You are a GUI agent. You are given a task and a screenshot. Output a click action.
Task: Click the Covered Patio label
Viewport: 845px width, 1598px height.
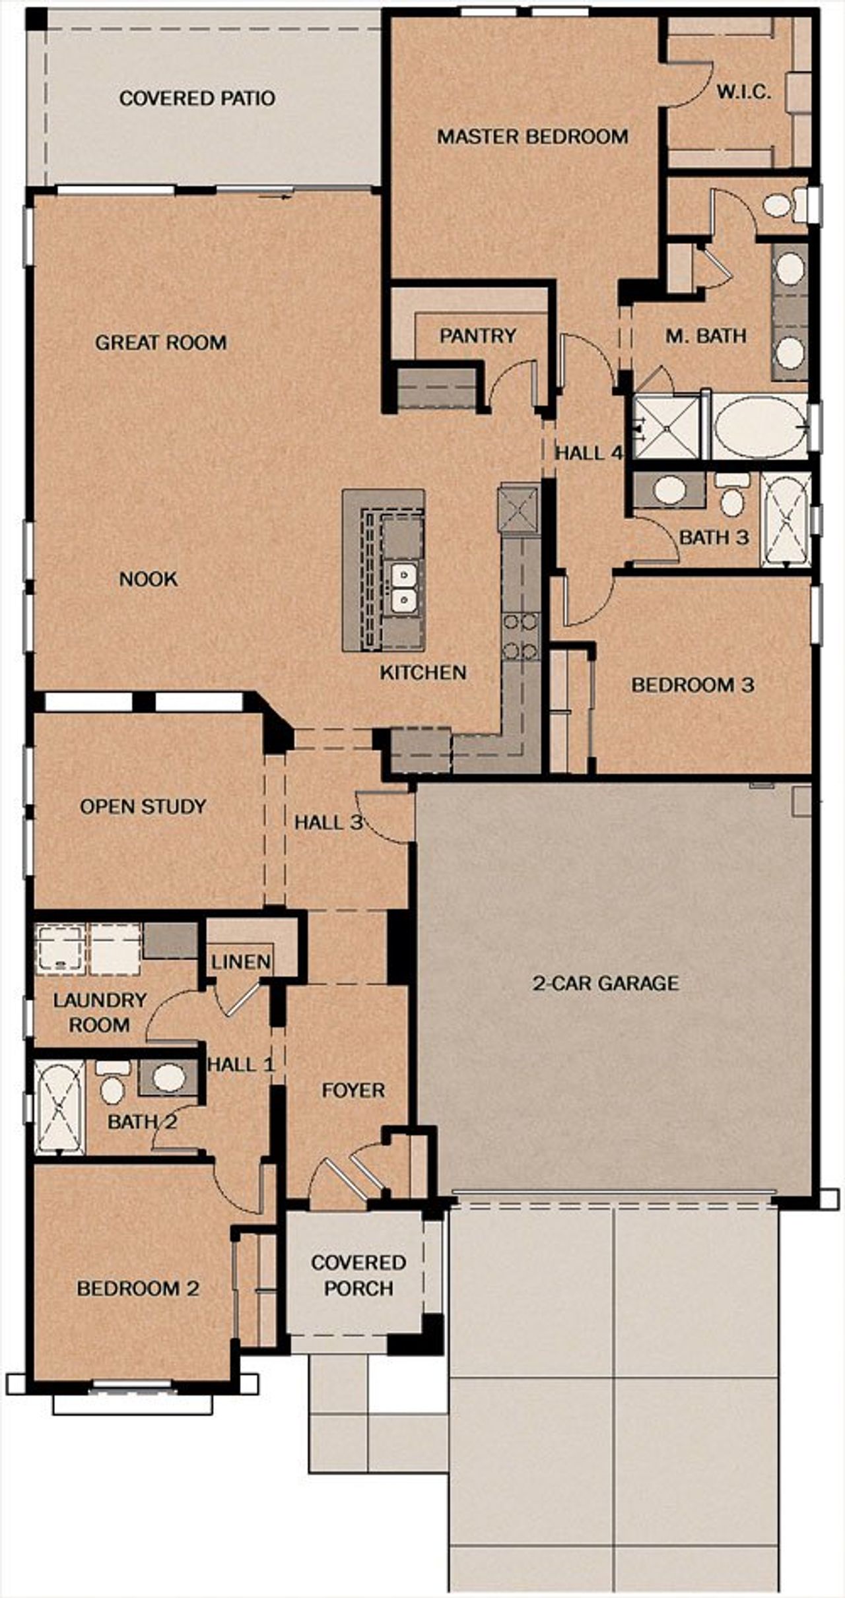point(197,98)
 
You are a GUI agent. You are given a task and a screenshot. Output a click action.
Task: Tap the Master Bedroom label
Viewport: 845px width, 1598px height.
point(532,137)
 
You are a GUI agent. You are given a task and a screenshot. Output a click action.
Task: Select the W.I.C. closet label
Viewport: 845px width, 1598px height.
point(744,92)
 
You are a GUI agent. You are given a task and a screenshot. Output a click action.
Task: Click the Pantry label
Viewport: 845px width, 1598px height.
point(477,336)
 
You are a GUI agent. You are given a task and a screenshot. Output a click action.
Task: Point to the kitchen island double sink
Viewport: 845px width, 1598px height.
point(402,587)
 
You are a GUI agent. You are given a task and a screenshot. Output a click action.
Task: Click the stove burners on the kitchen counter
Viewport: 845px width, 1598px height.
point(520,636)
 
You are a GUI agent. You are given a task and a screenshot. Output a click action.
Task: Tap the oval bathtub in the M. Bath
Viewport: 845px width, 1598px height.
point(759,426)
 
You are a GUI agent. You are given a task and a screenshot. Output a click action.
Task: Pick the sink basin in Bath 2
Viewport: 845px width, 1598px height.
point(169,1077)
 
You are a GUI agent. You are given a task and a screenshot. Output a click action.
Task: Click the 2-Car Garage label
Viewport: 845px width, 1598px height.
point(605,983)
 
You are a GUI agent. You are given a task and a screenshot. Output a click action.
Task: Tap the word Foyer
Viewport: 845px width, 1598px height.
point(353,1090)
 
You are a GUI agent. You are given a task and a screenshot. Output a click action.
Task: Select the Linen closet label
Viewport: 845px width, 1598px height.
point(241,962)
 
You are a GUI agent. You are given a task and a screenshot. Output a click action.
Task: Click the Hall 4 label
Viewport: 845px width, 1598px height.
point(588,453)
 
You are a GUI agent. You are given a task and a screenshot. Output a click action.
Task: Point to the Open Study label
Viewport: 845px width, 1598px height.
point(143,806)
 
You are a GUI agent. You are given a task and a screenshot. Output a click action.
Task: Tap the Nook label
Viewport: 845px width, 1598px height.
point(149,579)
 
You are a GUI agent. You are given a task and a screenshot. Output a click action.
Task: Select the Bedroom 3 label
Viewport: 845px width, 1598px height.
point(693,685)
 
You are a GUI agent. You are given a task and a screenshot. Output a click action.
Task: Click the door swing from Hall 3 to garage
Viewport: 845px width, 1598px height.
point(383,818)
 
